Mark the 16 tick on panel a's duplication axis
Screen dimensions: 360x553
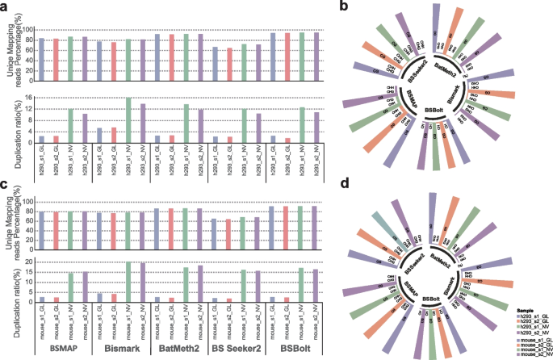point(31,98)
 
